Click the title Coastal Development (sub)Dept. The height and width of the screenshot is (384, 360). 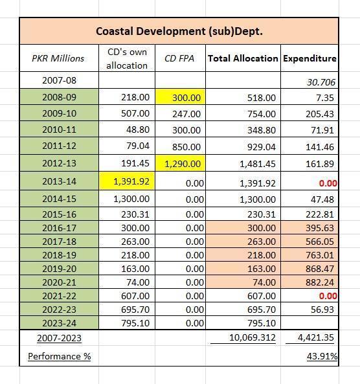(x=179, y=31)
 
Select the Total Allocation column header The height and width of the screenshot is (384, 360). (x=243, y=58)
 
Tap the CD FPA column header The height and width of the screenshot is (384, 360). (x=179, y=58)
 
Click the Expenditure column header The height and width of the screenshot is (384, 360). (x=309, y=58)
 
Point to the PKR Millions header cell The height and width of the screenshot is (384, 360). (x=58, y=58)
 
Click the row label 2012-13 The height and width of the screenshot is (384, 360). (x=60, y=163)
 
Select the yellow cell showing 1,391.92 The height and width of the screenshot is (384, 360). (x=127, y=181)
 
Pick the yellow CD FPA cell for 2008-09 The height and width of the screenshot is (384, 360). (x=180, y=97)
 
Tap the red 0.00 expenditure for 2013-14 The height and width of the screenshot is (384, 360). (x=328, y=183)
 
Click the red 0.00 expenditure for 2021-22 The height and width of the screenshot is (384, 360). (x=328, y=296)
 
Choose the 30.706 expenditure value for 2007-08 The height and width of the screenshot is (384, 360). (x=321, y=82)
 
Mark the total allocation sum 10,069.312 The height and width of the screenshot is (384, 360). (x=253, y=337)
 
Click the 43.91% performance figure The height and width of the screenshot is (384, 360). (x=322, y=356)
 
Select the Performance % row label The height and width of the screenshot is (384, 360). (x=60, y=356)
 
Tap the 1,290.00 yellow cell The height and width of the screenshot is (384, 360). (x=180, y=163)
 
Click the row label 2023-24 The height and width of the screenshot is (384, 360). (x=60, y=323)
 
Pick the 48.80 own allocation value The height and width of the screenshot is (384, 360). (x=138, y=130)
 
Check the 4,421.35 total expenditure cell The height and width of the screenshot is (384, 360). (x=316, y=337)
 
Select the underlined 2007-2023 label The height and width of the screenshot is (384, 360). (x=60, y=338)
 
